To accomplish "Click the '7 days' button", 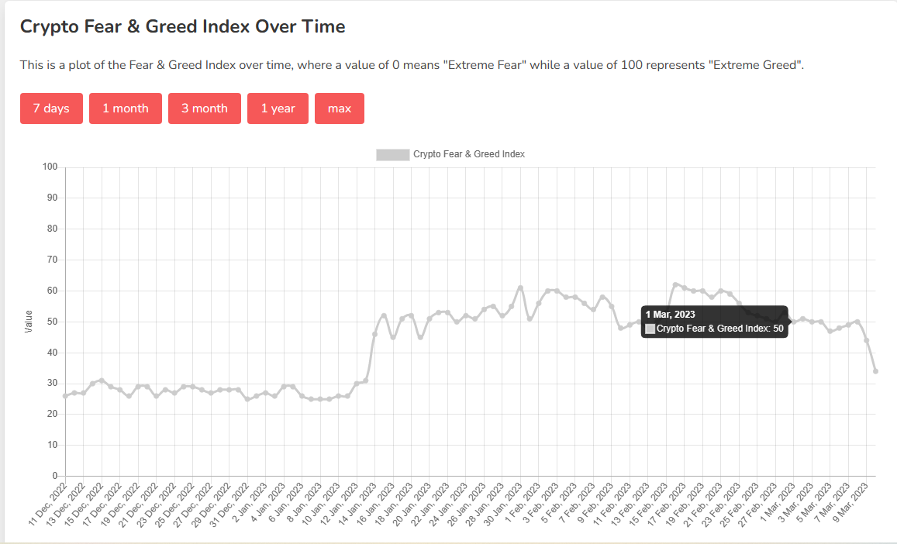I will tap(51, 108).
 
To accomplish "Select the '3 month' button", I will tap(205, 108).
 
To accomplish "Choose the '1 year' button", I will tap(278, 108).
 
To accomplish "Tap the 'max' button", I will tap(340, 108).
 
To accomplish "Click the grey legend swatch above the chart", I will tap(392, 154).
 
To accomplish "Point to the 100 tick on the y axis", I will tap(50, 167).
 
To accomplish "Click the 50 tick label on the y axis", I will tap(53, 322).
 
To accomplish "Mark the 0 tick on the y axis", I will tap(55, 476).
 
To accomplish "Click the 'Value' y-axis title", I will tap(29, 322).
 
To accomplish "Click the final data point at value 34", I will tap(875, 371).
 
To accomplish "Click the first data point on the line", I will tap(66, 396).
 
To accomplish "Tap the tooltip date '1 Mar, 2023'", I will tap(671, 315).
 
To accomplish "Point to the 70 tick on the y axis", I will tap(53, 260).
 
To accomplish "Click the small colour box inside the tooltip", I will tap(650, 329).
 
